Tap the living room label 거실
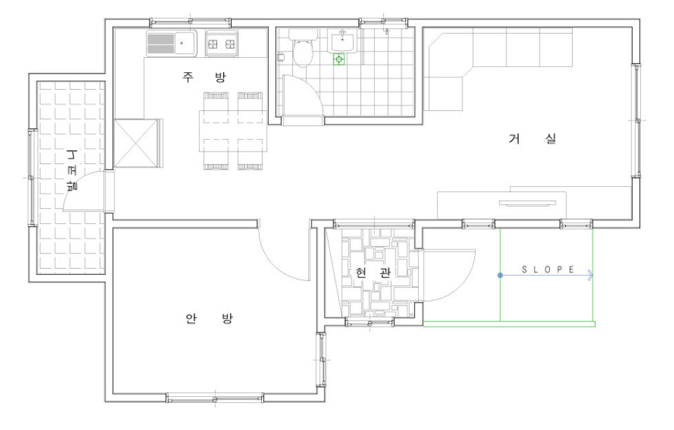[533, 139]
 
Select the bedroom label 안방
[209, 318]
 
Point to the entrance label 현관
[373, 273]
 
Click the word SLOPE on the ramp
[548, 269]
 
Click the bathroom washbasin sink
[343, 41]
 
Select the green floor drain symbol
[339, 60]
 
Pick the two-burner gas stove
[221, 43]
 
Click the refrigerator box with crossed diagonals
[136, 143]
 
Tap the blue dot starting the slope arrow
[500, 275]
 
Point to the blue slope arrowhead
[591, 275]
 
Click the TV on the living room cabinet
[527, 203]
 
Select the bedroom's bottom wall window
[215, 398]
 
